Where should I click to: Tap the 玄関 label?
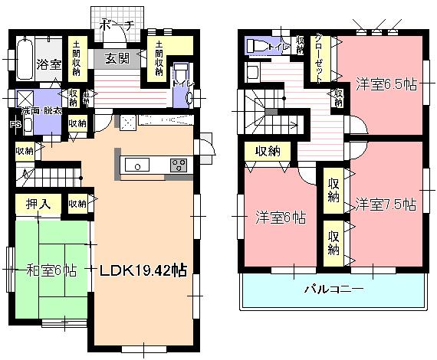[117, 58]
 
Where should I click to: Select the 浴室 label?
[50, 65]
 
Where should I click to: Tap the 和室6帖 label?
[50, 270]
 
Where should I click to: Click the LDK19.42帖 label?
[139, 270]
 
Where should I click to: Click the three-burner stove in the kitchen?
[179, 165]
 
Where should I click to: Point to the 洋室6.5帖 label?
[386, 84]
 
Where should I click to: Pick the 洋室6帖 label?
[281, 218]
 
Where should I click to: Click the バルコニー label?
[333, 290]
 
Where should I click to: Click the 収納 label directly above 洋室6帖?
[267, 150]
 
